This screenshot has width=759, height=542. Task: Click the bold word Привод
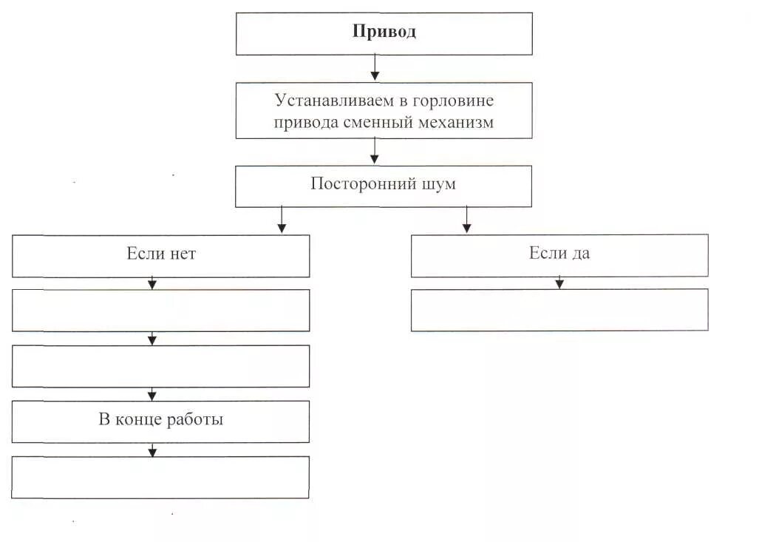coord(384,32)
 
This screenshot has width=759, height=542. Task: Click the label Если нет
coord(161,254)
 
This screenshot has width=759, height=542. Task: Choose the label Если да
coord(559,254)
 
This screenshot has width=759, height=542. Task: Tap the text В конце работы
coord(161,420)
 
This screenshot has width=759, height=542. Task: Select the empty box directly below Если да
coord(559,309)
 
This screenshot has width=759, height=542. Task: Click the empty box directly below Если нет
coord(161,310)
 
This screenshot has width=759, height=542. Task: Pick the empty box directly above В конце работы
coord(161,365)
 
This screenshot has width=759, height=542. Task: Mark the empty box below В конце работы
coord(161,476)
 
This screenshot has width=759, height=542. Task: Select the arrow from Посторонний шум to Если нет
coord(281,220)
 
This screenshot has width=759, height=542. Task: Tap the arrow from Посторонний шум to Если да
coord(466,220)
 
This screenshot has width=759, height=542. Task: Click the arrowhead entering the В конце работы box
coord(152,396)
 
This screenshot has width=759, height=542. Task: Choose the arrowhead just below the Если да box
coord(559,283)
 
